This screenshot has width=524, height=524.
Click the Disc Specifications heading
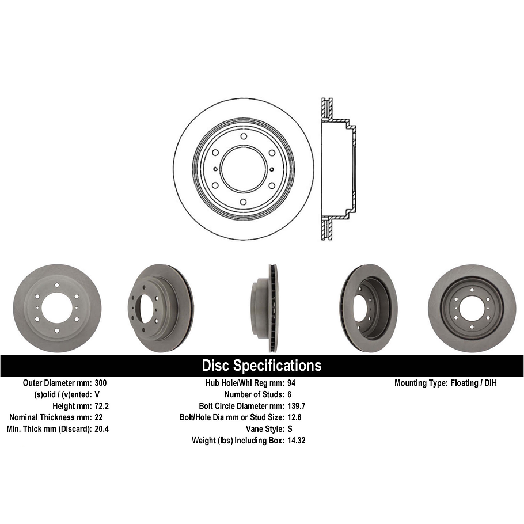261,366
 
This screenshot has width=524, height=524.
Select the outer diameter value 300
100,383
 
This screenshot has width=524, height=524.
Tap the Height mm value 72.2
101,406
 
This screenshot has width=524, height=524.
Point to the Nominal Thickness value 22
98,417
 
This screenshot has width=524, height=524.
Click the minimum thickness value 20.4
101,429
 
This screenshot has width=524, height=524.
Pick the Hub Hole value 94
291,383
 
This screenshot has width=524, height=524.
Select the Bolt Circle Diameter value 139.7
296,406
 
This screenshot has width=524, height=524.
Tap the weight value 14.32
296,441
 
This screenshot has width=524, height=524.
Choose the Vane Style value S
289,429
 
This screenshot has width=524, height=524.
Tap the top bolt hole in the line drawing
244,136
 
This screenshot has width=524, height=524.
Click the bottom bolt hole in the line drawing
244,202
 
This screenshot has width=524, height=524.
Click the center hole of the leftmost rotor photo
56,307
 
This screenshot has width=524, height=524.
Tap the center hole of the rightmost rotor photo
472,307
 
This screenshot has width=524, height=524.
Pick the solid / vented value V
97,394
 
